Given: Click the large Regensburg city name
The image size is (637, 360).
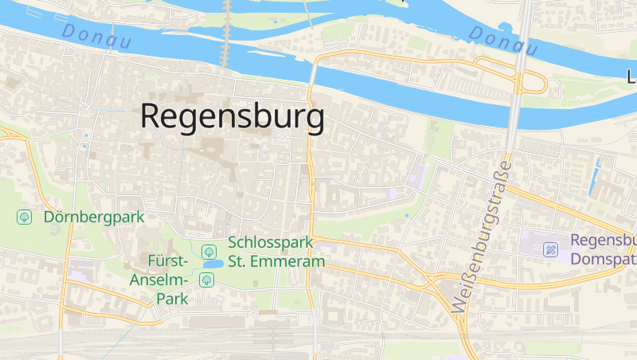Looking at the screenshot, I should point(233,116).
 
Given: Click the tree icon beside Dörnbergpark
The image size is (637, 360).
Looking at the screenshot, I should point(25,216).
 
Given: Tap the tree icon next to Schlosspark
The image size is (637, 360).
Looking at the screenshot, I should point(209,251).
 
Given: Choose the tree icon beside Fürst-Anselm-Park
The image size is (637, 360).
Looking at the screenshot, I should point(207,279).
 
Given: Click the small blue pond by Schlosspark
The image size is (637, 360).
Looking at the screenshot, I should point(212,264).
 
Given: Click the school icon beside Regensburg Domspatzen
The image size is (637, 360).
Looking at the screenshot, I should point(550,249).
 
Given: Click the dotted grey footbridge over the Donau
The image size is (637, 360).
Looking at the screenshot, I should point(227,36).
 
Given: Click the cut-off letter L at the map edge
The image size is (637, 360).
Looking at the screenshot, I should point(632,77).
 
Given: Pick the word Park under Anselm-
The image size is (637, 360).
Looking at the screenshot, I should point(171,299).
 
